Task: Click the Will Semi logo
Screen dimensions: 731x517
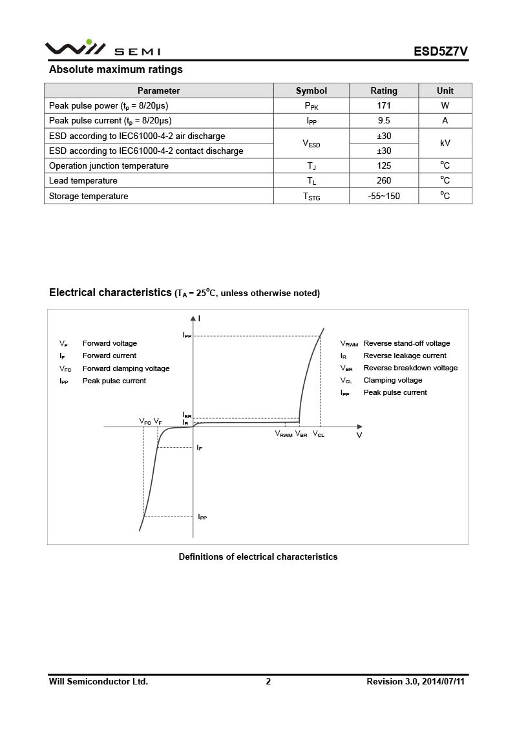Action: point(102,48)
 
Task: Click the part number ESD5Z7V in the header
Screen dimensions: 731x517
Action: point(441,52)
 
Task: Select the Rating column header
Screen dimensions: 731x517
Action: point(384,90)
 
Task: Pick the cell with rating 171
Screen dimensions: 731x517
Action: point(384,105)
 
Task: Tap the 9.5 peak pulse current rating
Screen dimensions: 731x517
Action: point(384,120)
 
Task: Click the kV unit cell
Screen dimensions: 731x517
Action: point(445,143)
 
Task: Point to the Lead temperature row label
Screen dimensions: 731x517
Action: point(83,181)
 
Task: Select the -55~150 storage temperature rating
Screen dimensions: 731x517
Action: point(384,196)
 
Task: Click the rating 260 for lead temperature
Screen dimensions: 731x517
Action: point(384,181)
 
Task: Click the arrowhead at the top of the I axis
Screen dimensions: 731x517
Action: point(193,318)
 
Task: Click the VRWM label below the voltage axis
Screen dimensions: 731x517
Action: point(284,434)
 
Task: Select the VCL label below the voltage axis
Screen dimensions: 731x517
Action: point(319,434)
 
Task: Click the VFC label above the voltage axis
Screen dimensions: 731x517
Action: point(145,421)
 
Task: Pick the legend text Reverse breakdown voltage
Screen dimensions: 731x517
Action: point(410,368)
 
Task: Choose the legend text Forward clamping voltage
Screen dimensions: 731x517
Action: point(126,368)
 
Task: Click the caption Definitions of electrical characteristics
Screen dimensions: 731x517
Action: point(258,556)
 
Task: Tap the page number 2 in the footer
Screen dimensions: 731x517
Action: point(268,681)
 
